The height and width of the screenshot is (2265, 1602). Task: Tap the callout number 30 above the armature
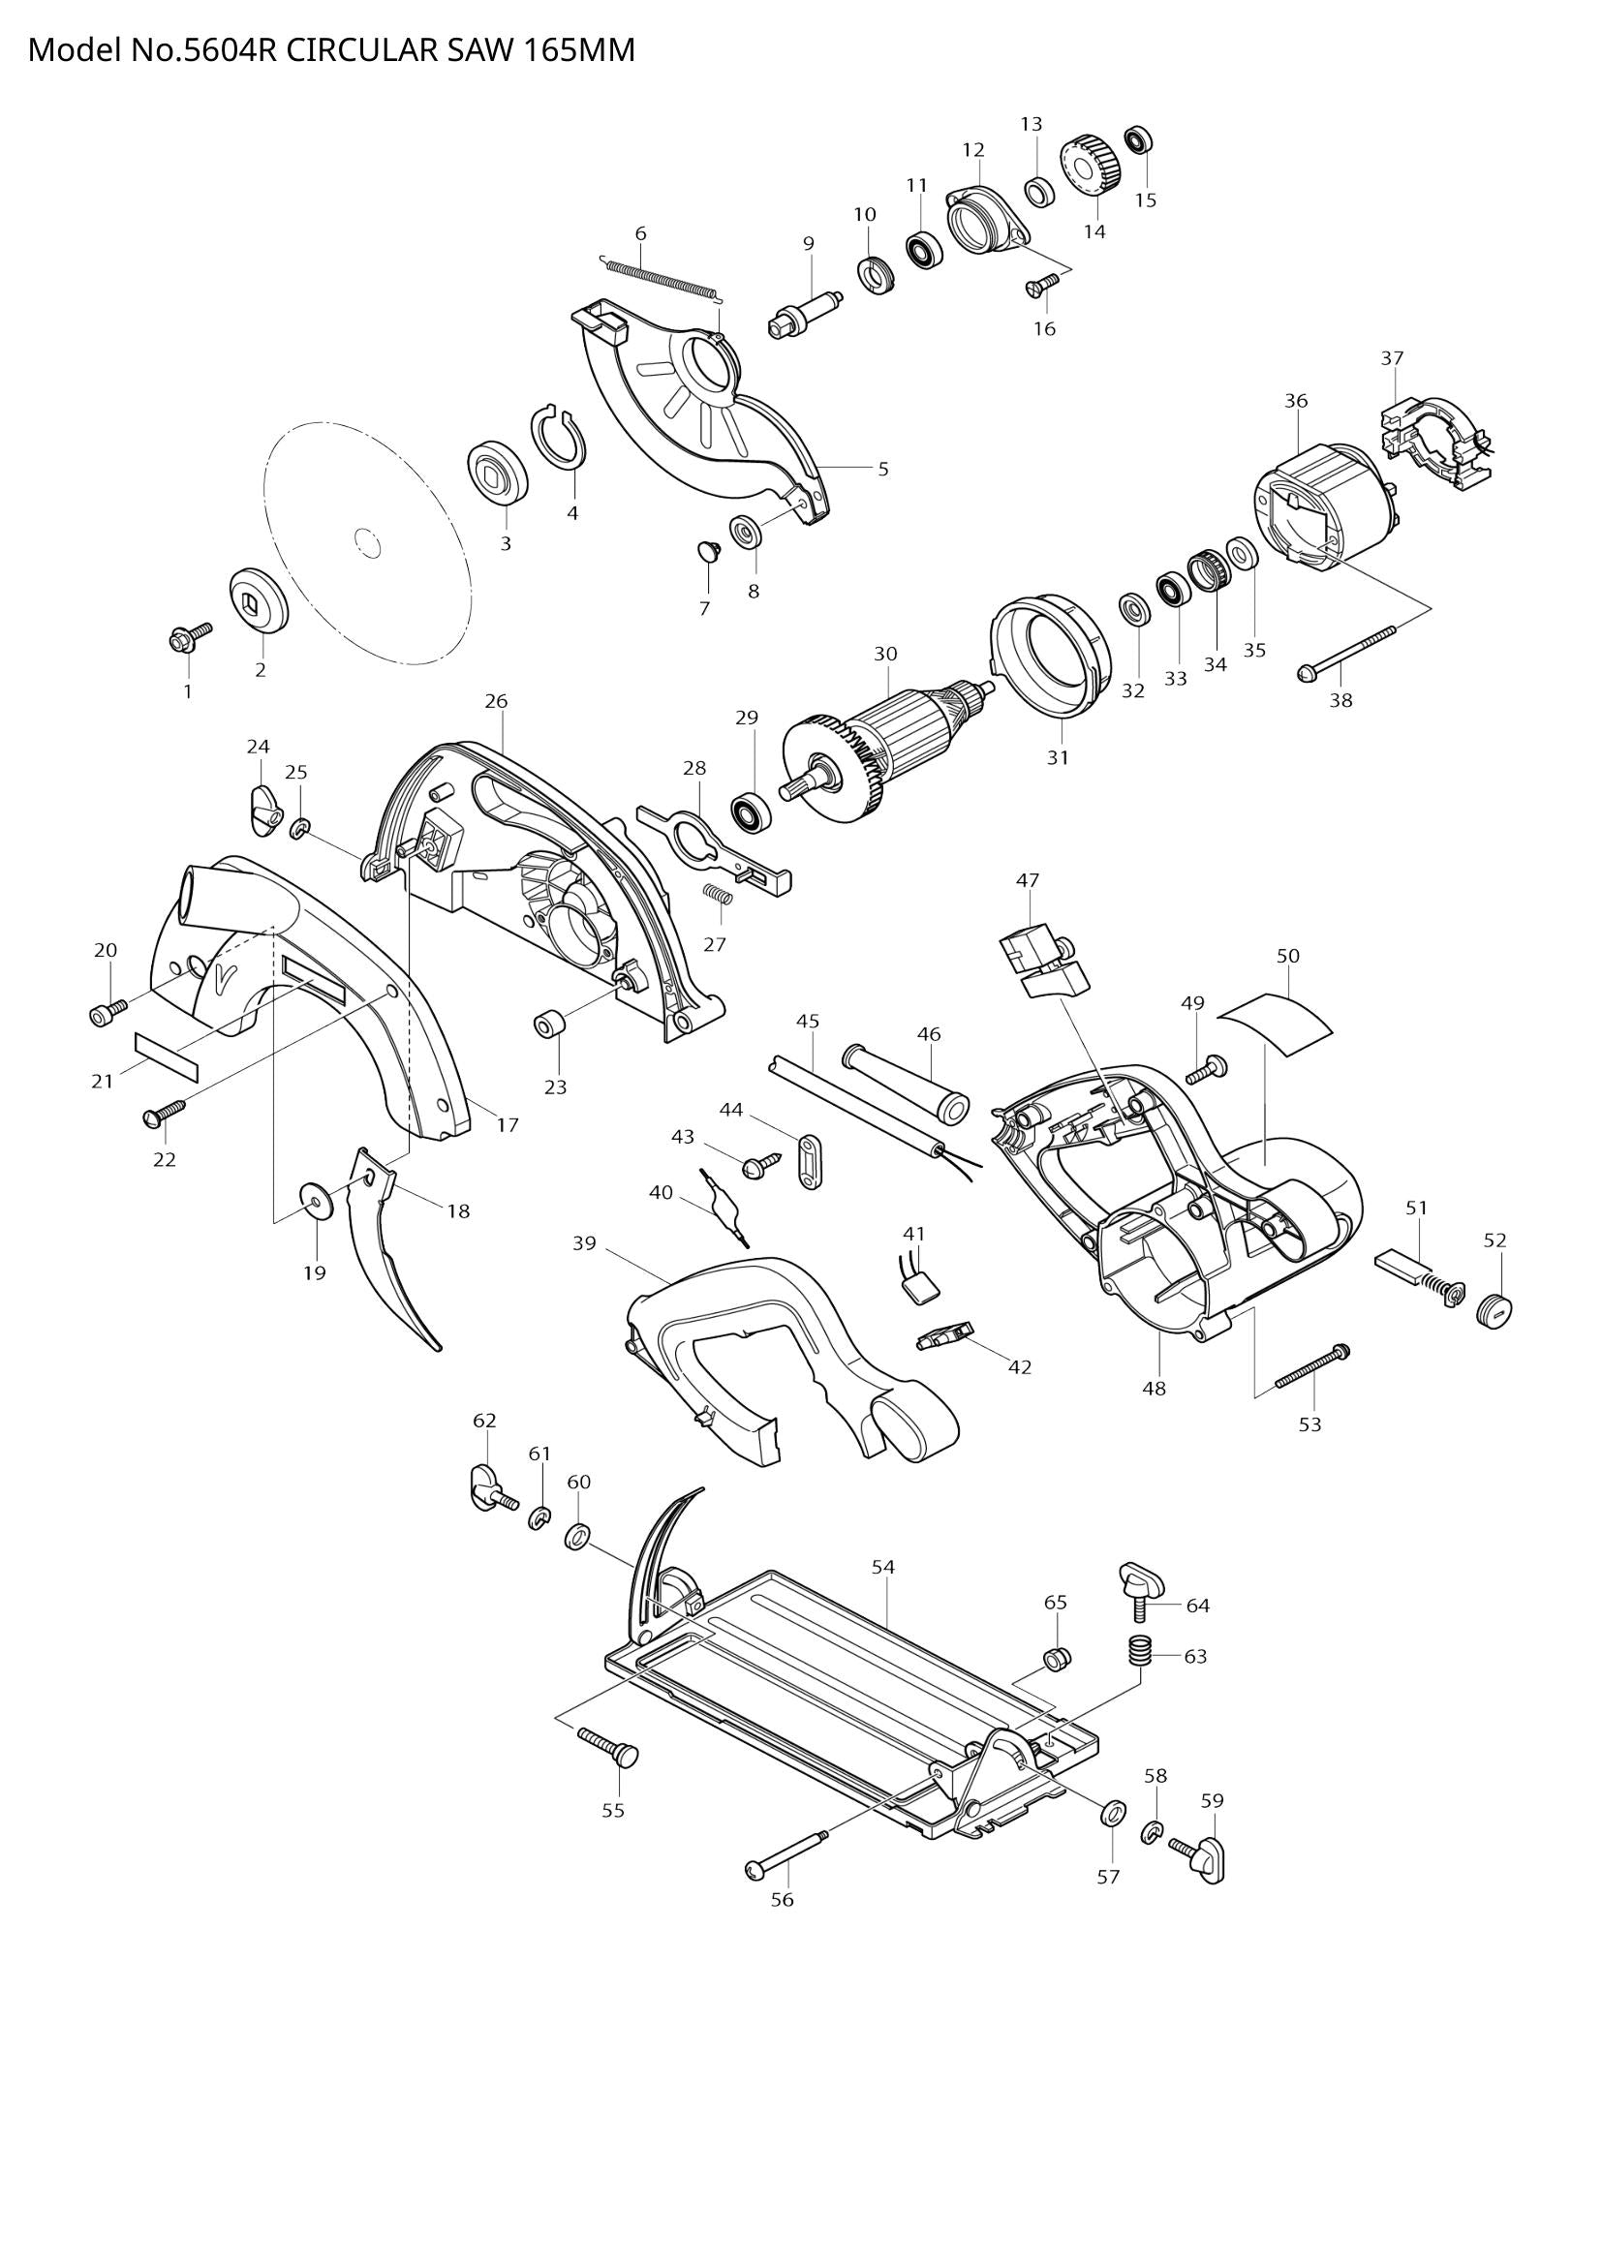coord(885,653)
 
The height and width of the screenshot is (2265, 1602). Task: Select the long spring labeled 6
coord(661,277)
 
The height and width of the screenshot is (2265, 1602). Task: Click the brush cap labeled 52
coord(1494,1309)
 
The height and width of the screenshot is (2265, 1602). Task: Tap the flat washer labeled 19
coord(315,1202)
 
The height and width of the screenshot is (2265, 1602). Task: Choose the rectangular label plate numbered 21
coord(166,1057)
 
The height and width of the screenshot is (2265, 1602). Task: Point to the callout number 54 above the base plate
coord(883,1567)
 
